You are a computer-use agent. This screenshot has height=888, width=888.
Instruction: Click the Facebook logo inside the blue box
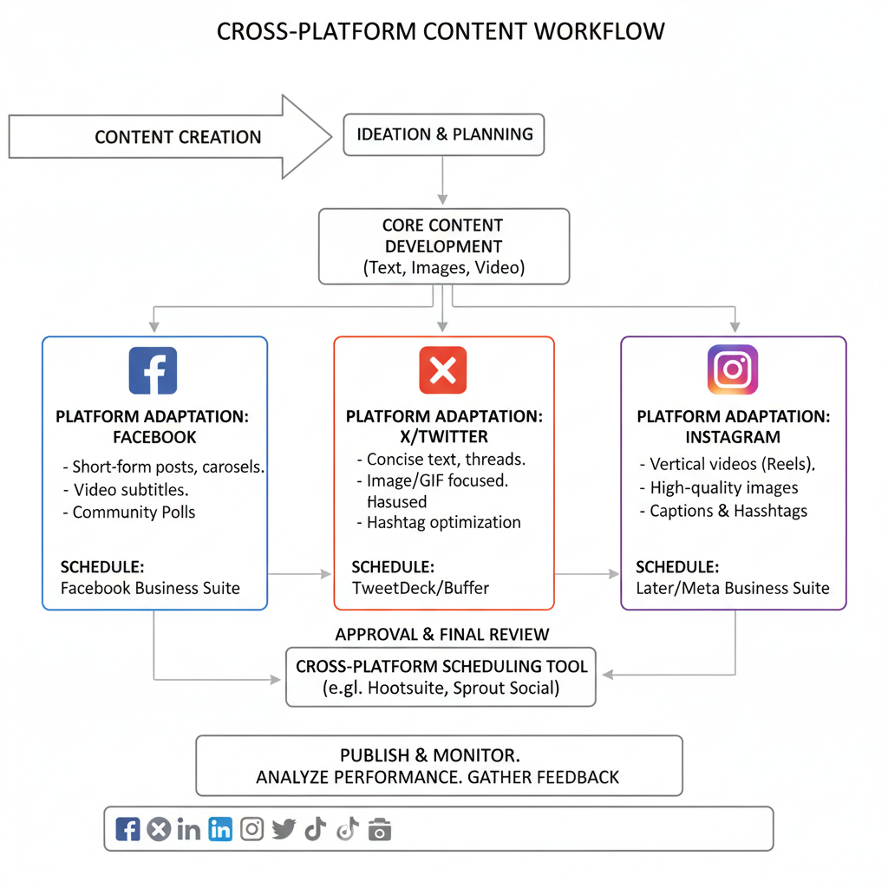tap(153, 370)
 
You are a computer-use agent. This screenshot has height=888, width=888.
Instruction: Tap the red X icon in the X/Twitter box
tap(442, 370)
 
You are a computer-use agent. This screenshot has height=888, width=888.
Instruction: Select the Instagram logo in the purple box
tap(733, 370)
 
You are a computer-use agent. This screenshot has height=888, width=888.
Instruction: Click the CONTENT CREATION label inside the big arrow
tap(178, 137)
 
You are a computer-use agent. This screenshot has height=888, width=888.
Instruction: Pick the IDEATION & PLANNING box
tap(444, 134)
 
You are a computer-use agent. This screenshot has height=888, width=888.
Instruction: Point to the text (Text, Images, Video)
tap(444, 268)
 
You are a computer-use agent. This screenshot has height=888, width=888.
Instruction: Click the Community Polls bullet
tap(134, 513)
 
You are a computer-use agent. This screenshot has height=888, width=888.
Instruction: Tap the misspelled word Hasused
tap(396, 501)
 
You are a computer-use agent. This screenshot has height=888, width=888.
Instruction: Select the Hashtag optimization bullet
tap(443, 522)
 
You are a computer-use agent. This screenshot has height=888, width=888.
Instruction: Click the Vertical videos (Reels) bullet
tap(733, 464)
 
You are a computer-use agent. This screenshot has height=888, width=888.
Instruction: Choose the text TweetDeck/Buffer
tap(421, 588)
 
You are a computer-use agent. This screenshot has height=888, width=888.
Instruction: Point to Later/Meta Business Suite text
tap(732, 588)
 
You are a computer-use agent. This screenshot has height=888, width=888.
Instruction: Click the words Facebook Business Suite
tap(150, 588)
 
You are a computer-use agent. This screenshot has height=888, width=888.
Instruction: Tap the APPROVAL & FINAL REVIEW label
tap(442, 634)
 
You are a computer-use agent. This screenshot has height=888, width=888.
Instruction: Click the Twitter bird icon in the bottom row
tap(284, 830)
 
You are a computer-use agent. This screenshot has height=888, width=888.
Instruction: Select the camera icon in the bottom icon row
tap(379, 830)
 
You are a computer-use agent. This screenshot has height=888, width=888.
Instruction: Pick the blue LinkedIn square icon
tap(220, 829)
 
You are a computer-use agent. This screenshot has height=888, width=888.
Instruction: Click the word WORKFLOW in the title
tap(599, 31)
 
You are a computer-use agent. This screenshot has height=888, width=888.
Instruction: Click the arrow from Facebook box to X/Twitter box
tap(300, 573)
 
